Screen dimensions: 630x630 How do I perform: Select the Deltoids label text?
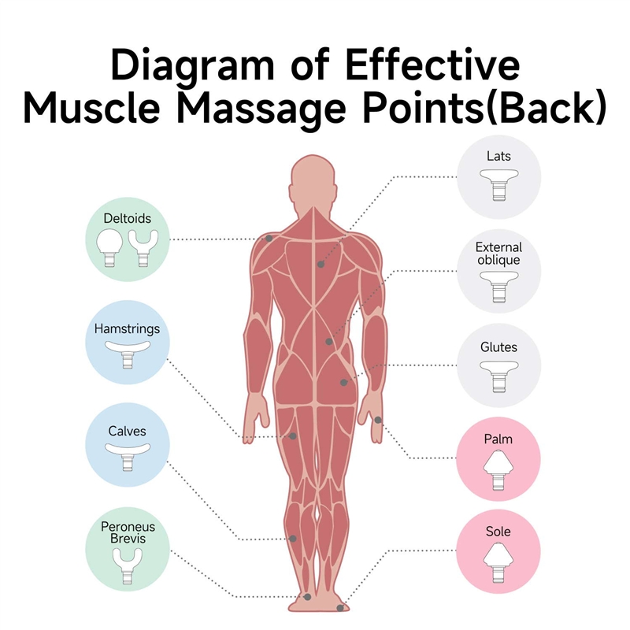127,217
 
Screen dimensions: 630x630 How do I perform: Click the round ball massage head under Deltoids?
109,246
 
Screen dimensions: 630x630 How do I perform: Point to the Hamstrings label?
127,328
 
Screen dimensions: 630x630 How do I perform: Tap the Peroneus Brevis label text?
127,532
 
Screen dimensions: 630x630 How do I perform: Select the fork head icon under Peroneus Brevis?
127,564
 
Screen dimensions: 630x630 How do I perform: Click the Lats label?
498,156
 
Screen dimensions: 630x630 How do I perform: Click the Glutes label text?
498,346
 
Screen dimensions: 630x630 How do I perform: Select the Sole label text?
498,532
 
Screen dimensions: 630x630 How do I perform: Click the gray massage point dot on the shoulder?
269,238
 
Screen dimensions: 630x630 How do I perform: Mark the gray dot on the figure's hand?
379,419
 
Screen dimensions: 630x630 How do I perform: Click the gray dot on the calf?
293,539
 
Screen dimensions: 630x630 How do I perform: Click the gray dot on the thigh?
293,435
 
